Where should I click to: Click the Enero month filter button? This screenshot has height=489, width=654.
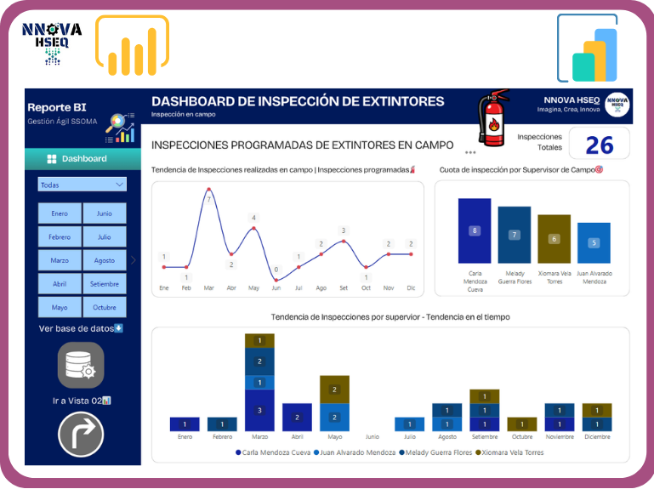point(60,213)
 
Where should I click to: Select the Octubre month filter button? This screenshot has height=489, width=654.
point(105,307)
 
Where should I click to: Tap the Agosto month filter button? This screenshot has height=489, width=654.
point(105,260)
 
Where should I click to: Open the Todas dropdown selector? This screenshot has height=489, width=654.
point(82,185)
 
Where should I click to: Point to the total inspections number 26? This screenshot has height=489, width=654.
point(599,145)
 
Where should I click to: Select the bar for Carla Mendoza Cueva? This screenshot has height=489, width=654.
point(475,230)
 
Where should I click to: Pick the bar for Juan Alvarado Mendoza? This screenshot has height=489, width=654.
point(594,242)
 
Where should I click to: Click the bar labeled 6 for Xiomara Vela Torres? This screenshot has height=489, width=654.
point(554,239)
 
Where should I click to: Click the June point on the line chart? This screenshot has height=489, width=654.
point(276,279)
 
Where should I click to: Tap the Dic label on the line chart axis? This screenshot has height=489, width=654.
point(412,288)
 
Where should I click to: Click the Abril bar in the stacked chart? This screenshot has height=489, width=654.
point(297,417)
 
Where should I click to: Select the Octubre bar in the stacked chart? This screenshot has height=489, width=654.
point(521,424)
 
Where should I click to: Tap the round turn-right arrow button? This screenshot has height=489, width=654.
point(81,435)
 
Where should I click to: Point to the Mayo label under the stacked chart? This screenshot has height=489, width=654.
point(334,437)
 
